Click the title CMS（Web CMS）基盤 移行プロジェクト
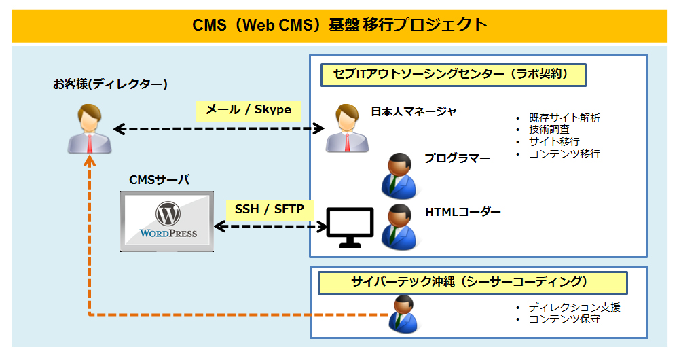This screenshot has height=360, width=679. click(x=339, y=25)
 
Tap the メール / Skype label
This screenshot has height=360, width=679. click(x=248, y=109)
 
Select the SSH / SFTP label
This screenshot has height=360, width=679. click(x=270, y=209)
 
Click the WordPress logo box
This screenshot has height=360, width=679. click(x=167, y=221)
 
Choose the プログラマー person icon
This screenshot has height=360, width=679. click(x=399, y=173)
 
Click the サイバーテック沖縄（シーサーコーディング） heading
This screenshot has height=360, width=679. click(x=469, y=281)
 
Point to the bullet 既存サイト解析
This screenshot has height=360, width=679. click(x=564, y=118)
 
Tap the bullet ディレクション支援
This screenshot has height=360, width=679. click(x=574, y=307)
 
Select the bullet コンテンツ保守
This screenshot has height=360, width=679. click(x=564, y=319)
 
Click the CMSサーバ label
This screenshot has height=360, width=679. click(x=160, y=180)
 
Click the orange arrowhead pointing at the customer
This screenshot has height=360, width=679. click(x=89, y=161)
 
